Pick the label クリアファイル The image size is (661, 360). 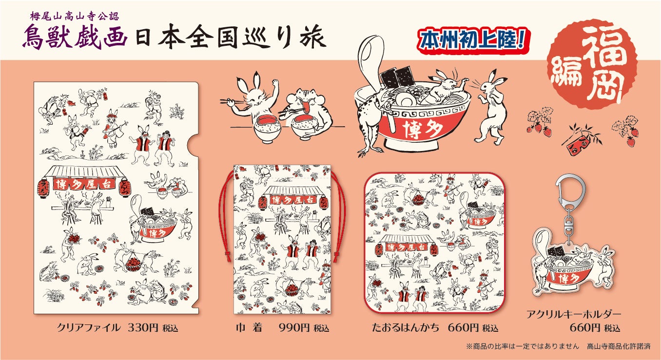[x=88, y=328]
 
